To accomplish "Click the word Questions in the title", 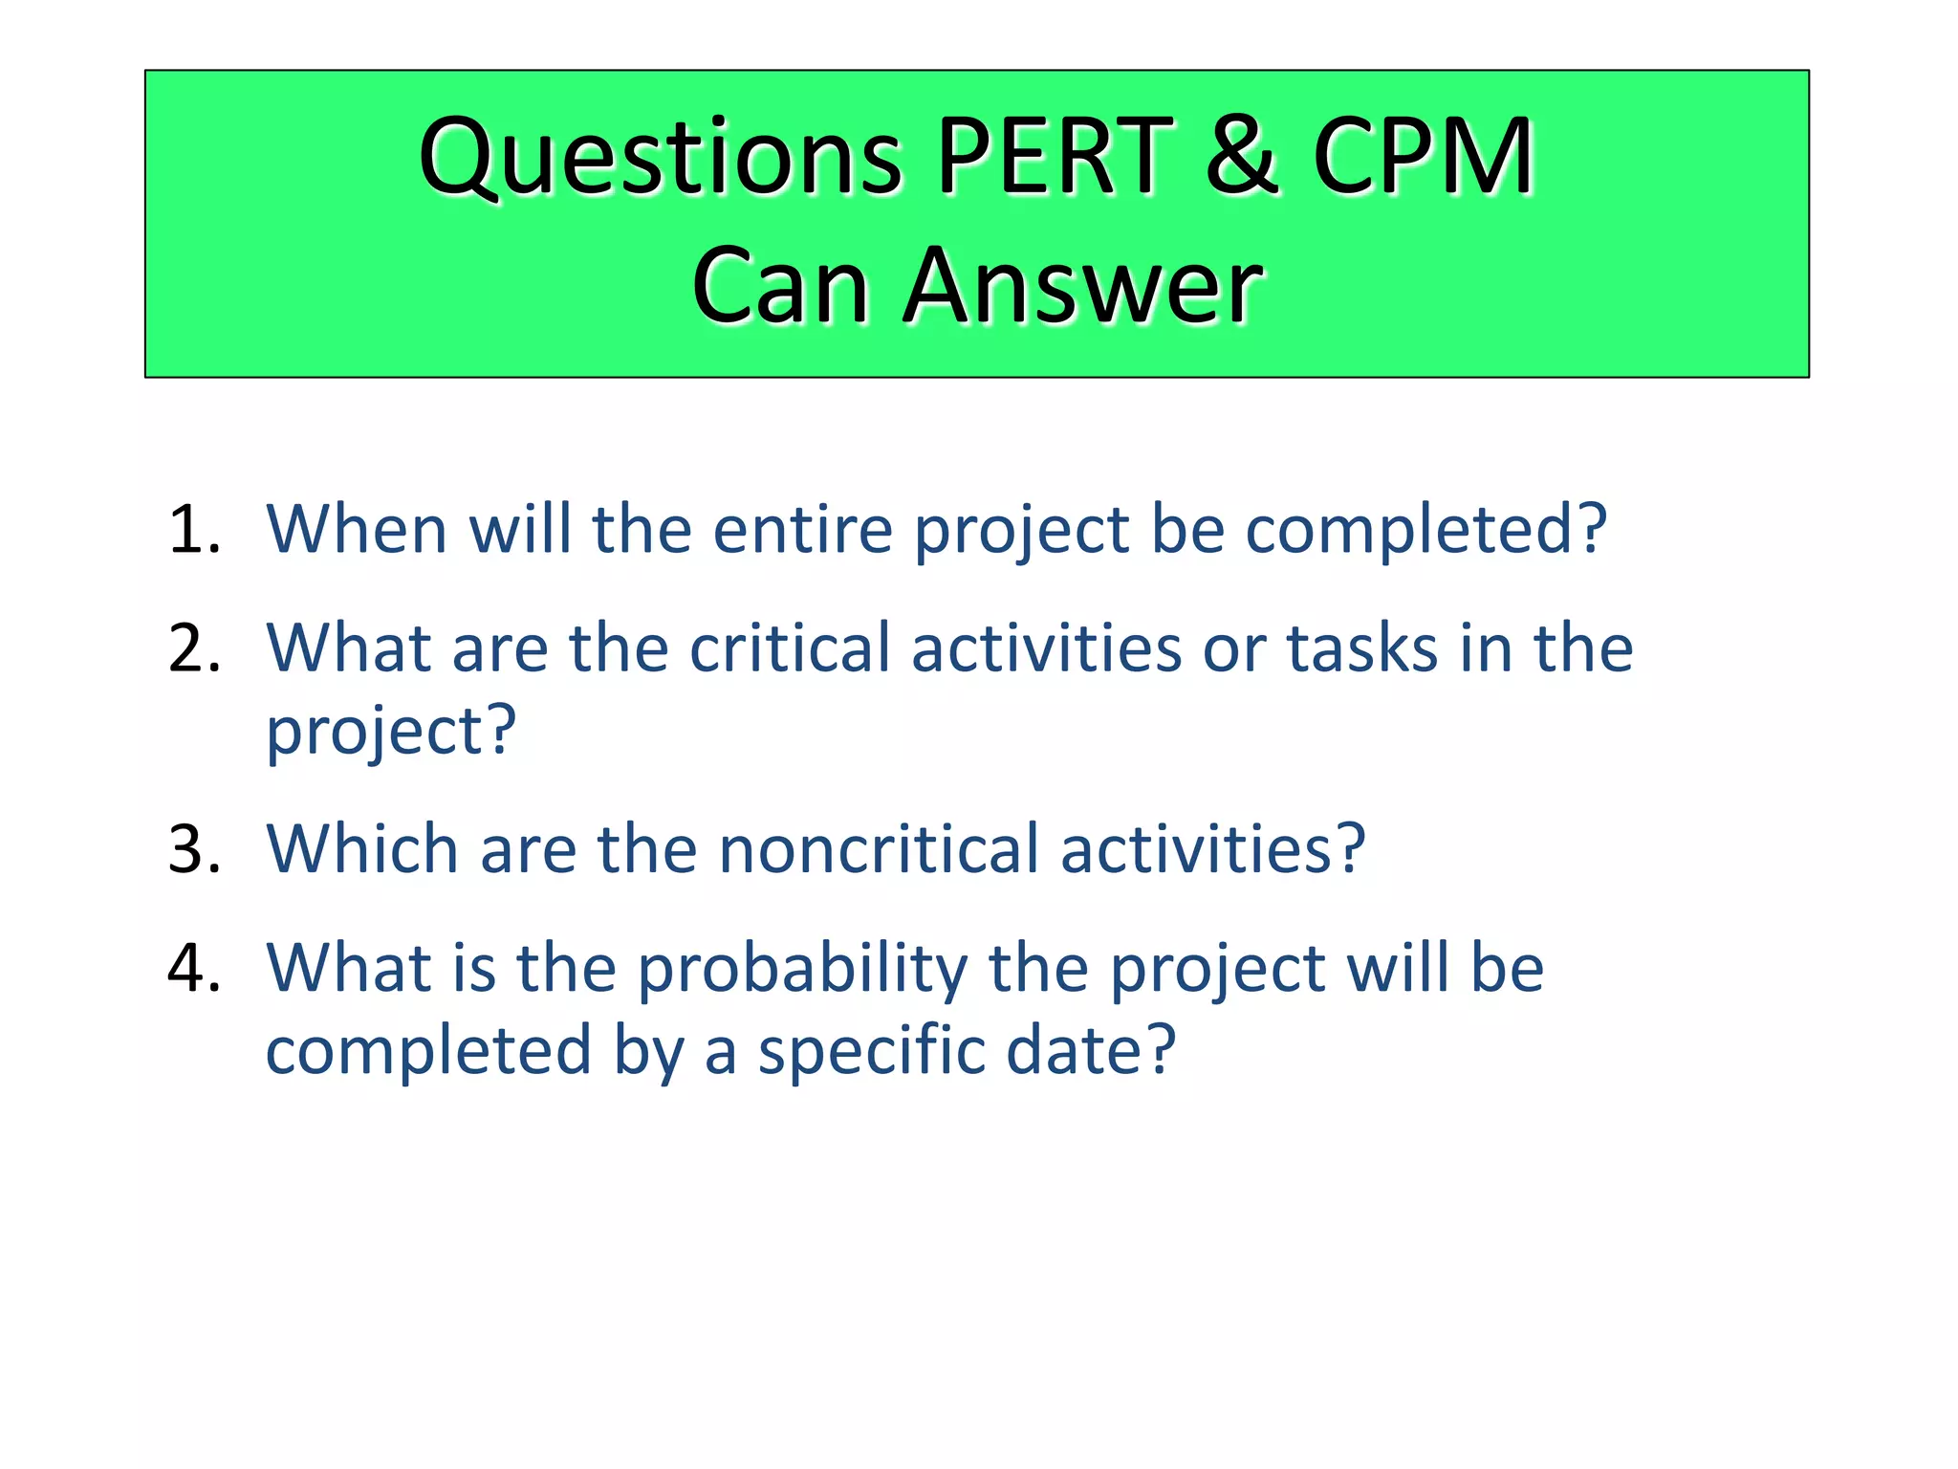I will pyautogui.click(x=661, y=157).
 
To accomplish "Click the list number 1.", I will pyautogui.click(x=194, y=529).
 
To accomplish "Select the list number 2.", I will pyautogui.click(x=194, y=648).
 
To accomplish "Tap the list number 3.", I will pyautogui.click(x=194, y=849).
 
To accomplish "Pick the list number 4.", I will pyautogui.click(x=194, y=968).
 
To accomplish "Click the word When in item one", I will pyautogui.click(x=357, y=529).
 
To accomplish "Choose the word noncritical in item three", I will pyautogui.click(x=879, y=849).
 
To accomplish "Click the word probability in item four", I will pyautogui.click(x=802, y=970).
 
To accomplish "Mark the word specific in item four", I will pyautogui.click(x=871, y=1051).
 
